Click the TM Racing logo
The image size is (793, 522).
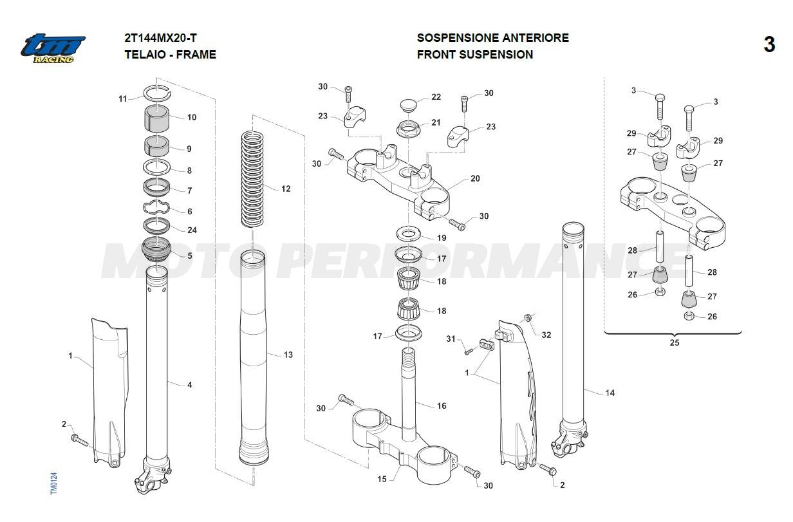53,48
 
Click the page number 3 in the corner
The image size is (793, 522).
769,45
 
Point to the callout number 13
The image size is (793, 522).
288,355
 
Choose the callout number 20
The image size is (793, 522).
475,179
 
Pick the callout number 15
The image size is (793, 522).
382,479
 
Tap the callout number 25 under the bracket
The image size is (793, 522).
674,342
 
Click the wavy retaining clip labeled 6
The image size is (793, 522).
156,209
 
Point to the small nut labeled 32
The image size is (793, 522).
527,317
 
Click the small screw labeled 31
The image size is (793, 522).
468,351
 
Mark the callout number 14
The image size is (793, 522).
610,393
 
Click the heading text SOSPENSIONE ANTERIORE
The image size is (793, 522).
492,37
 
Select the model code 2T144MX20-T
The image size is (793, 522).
161,37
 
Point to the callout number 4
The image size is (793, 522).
189,385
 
